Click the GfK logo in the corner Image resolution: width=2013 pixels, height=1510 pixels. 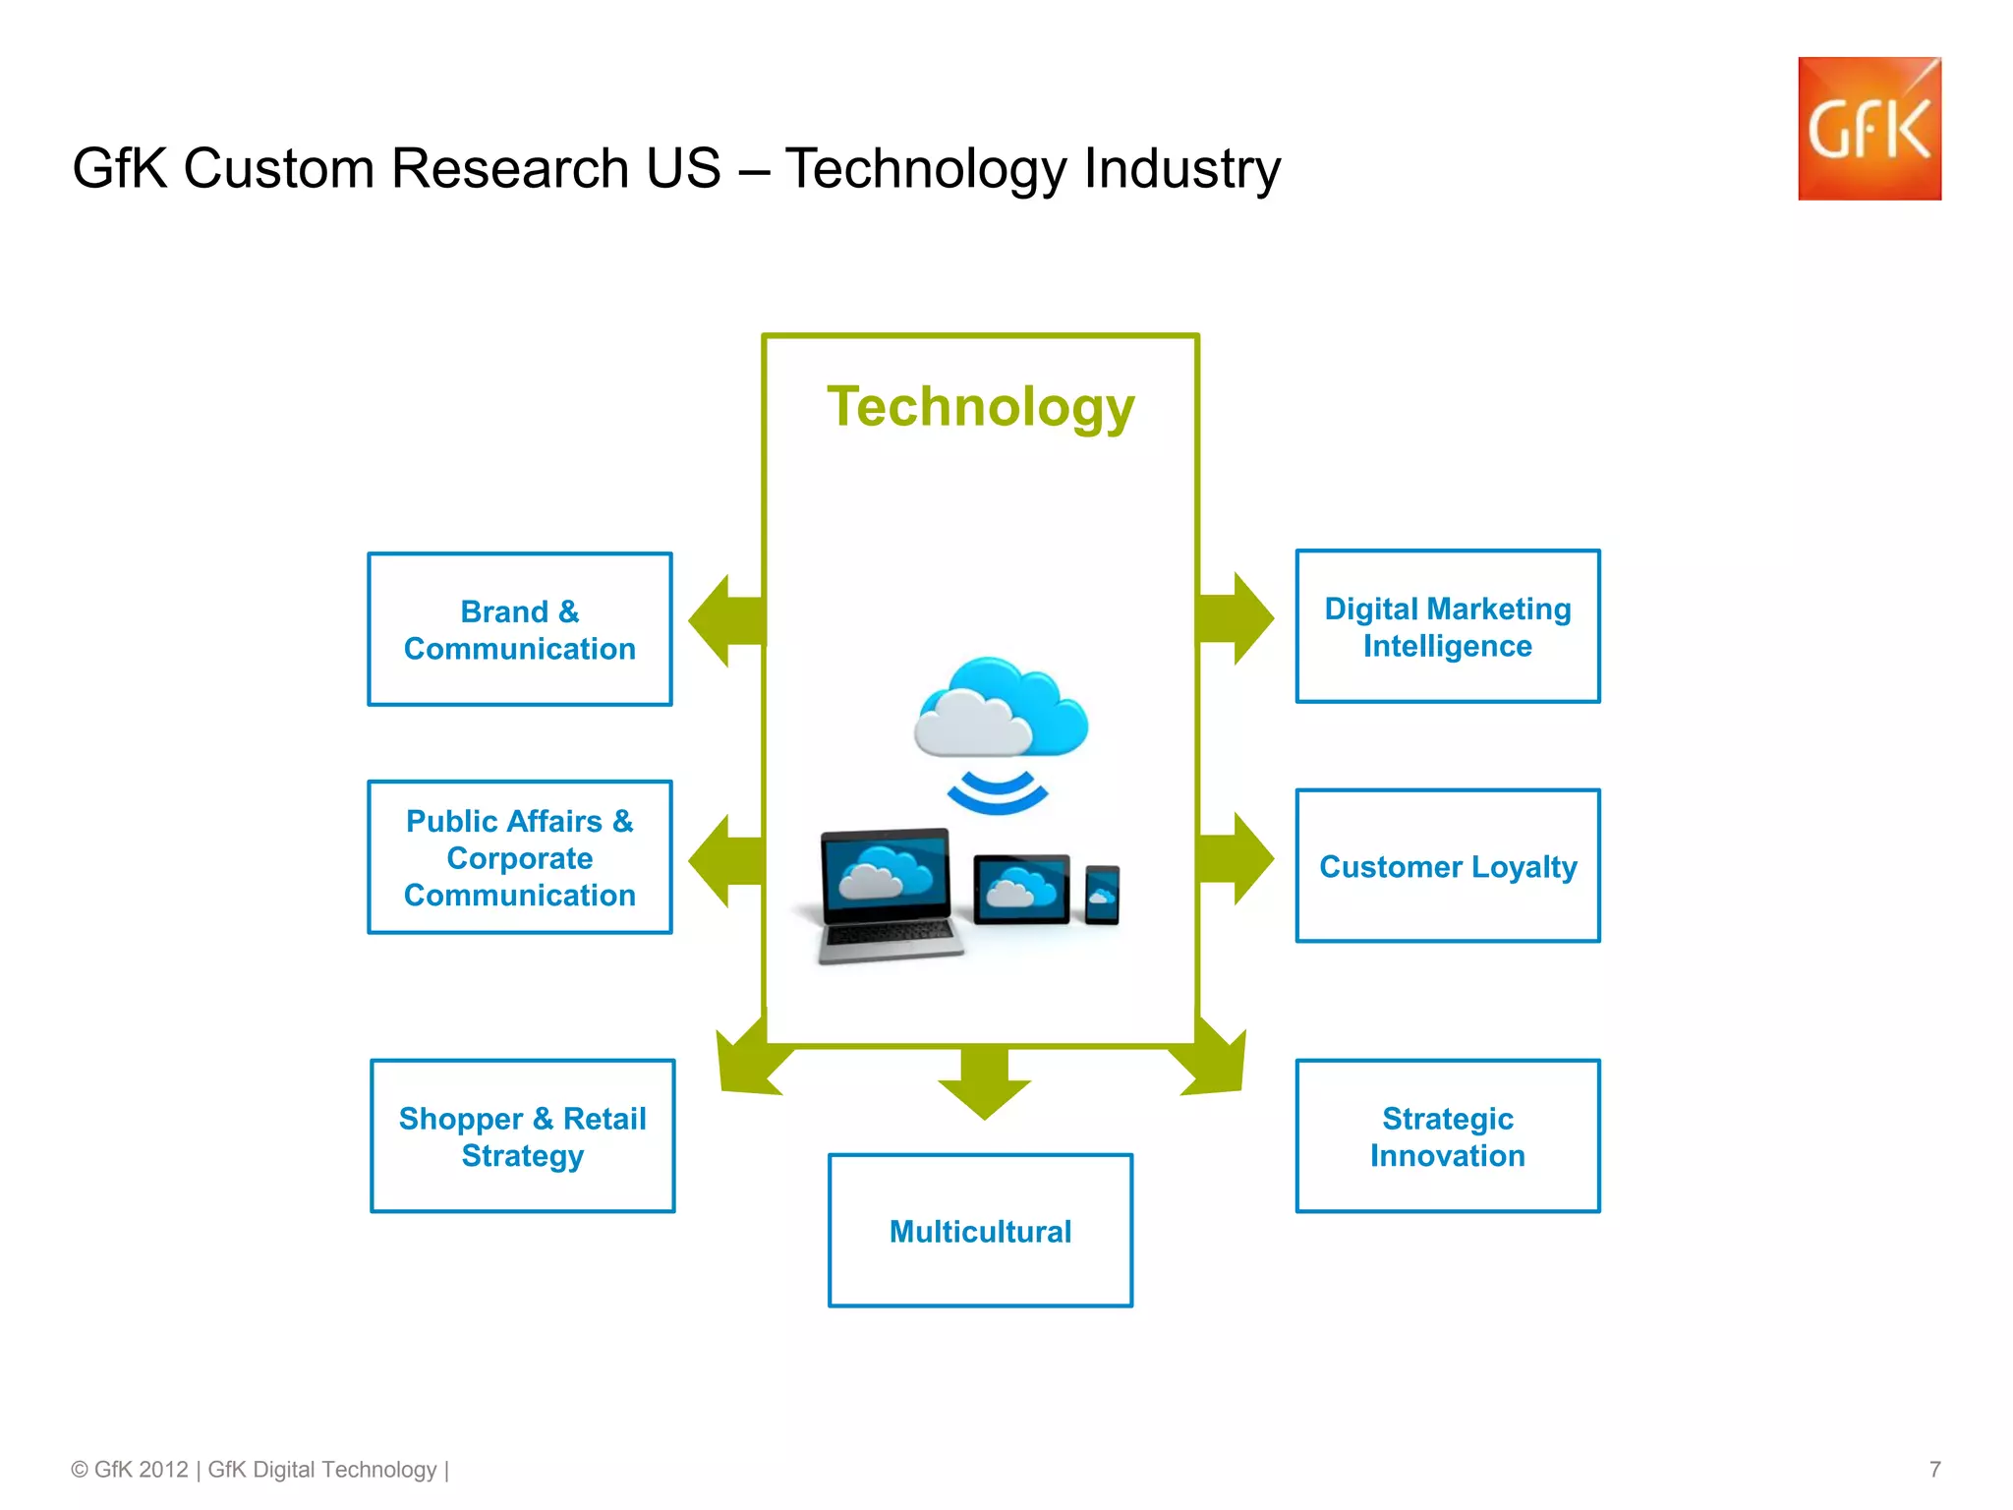[x=1869, y=129]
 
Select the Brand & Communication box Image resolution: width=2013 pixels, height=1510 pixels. [x=520, y=629]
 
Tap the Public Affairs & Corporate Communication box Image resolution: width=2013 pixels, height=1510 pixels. [x=520, y=857]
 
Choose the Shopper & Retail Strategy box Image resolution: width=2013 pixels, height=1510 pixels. [x=523, y=1136]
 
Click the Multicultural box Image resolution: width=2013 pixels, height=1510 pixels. [x=980, y=1231]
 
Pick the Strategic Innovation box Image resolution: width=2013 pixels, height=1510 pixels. [x=1448, y=1136]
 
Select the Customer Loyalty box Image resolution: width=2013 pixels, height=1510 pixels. [x=1448, y=866]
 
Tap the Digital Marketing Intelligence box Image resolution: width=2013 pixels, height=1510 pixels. [x=1448, y=627]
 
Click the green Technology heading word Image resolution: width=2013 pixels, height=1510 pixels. [x=981, y=407]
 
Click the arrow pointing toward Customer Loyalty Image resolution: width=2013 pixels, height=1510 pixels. [x=1237, y=859]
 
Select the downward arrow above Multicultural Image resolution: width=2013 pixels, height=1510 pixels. [x=984, y=1082]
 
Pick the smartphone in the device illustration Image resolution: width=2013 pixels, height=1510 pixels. [x=1102, y=895]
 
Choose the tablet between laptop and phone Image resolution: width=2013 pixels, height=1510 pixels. [x=1021, y=890]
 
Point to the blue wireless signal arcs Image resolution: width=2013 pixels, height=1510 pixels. [x=997, y=791]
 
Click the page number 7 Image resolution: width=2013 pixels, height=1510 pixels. [x=1934, y=1470]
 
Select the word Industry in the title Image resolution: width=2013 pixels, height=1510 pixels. [x=1182, y=168]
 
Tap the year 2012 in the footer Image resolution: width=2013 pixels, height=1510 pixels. [x=163, y=1470]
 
